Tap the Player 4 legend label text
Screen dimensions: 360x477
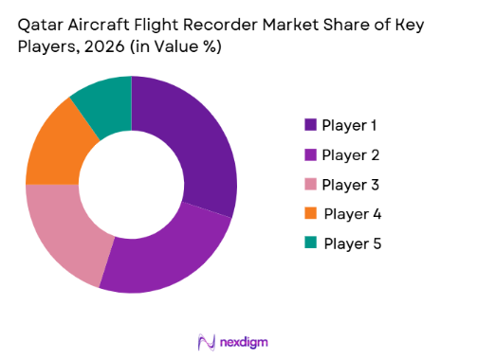(352, 213)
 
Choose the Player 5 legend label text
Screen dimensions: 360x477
(352, 243)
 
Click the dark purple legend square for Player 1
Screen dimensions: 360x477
(309, 125)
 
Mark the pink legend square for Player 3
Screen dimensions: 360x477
(309, 184)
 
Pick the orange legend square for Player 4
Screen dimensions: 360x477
(309, 213)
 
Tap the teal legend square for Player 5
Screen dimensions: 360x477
(310, 243)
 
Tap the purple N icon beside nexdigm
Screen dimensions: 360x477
(206, 340)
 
